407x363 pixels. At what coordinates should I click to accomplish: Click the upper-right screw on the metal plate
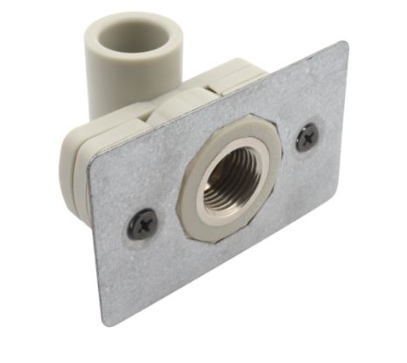[307, 138]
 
